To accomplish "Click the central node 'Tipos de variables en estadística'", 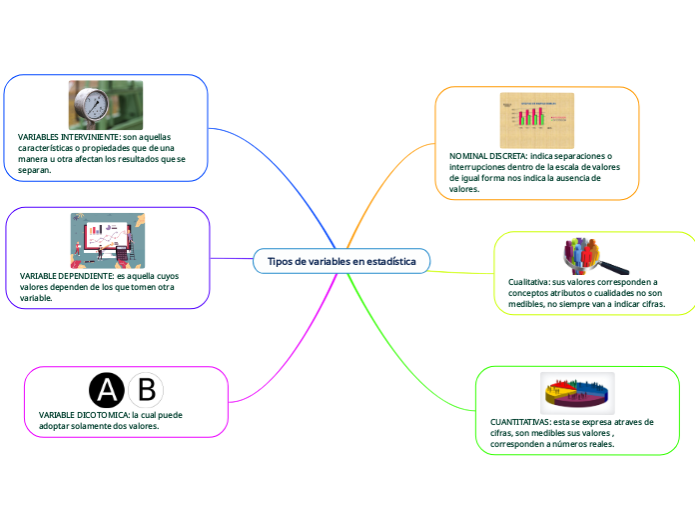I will pos(341,261).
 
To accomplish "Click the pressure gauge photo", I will pos(105,104).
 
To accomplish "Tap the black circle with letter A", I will pos(108,390).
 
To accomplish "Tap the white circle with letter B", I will pos(146,390).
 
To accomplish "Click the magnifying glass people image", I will pos(594,256).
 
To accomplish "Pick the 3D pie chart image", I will pos(577,393).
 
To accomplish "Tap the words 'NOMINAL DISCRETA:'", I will pos(488,157).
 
